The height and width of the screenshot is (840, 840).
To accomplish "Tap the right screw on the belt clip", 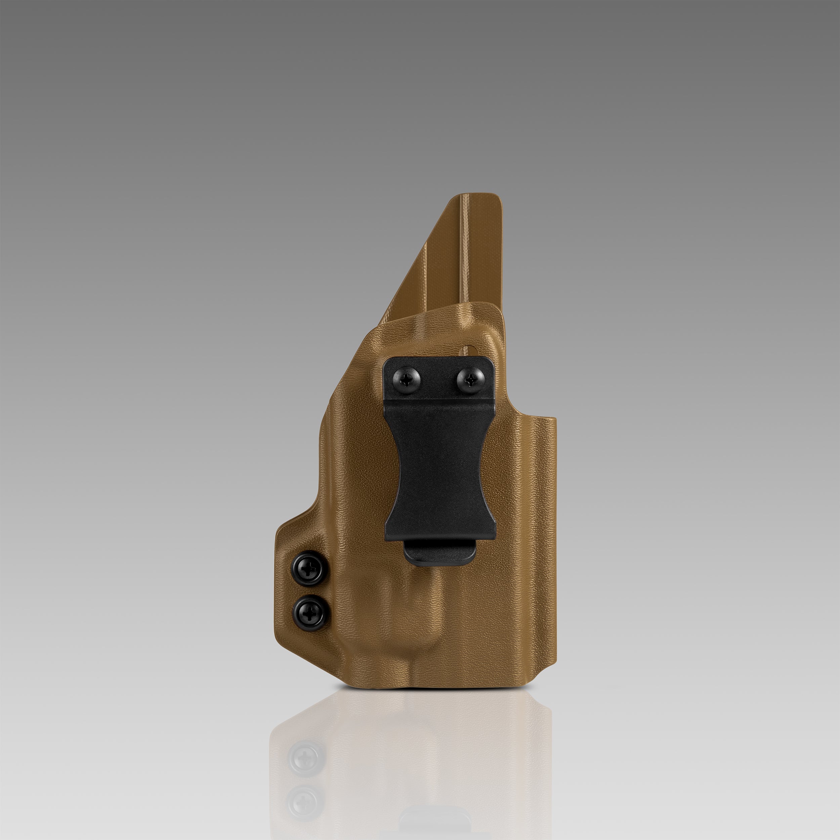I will coord(470,381).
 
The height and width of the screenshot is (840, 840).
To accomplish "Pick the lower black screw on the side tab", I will coord(310,614).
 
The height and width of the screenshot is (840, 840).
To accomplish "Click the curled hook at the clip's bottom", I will coord(439,553).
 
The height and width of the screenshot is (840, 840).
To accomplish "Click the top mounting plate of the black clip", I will coord(439,378).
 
